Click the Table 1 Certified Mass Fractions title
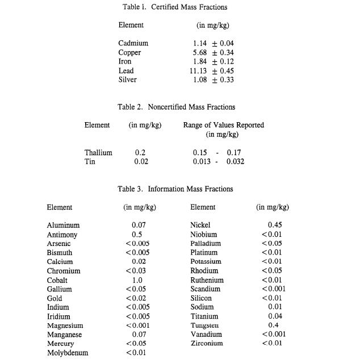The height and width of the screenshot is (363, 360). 175,7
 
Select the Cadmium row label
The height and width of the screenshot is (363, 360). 133,43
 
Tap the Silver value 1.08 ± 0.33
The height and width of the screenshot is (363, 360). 214,80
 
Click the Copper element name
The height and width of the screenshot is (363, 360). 129,52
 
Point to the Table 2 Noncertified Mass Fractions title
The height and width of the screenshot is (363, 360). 176,107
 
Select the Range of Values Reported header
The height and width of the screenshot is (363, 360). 223,125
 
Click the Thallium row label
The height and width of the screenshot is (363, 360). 98,152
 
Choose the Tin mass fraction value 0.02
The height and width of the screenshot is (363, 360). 141,161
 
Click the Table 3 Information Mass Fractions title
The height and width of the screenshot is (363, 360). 176,189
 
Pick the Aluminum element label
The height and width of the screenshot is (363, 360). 63,226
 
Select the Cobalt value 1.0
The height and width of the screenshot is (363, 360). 137,280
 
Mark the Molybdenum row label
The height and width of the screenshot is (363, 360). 68,353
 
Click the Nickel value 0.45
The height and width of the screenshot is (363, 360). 275,225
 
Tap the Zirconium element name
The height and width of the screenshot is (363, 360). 206,343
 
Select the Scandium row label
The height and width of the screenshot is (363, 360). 205,289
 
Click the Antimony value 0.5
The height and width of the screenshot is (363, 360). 137,235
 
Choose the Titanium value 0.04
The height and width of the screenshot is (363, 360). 275,316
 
